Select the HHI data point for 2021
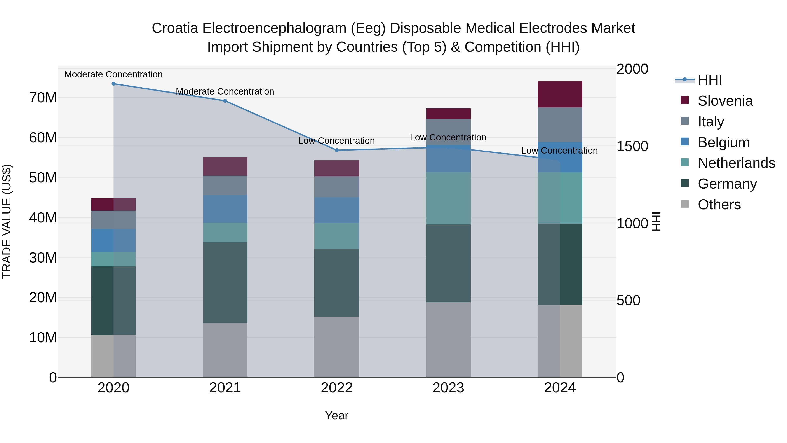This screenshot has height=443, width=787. coord(225,101)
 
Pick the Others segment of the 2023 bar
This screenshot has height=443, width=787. coord(448,340)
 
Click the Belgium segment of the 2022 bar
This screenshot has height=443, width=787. coord(337,210)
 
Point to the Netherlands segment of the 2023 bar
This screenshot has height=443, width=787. coord(448,198)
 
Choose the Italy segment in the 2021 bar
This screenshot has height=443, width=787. coord(225,185)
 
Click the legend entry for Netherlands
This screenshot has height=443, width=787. coord(736,163)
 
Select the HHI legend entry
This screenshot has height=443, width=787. coord(710,80)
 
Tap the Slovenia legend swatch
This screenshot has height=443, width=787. coord(685,100)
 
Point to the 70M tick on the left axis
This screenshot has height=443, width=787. coord(43,98)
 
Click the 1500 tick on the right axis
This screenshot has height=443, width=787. coord(632,146)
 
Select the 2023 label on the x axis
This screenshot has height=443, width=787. coord(448,388)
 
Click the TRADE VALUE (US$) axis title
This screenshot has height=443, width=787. coord(7,221)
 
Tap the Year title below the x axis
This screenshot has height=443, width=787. coord(337,415)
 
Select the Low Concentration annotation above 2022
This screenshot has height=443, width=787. coord(336,141)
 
